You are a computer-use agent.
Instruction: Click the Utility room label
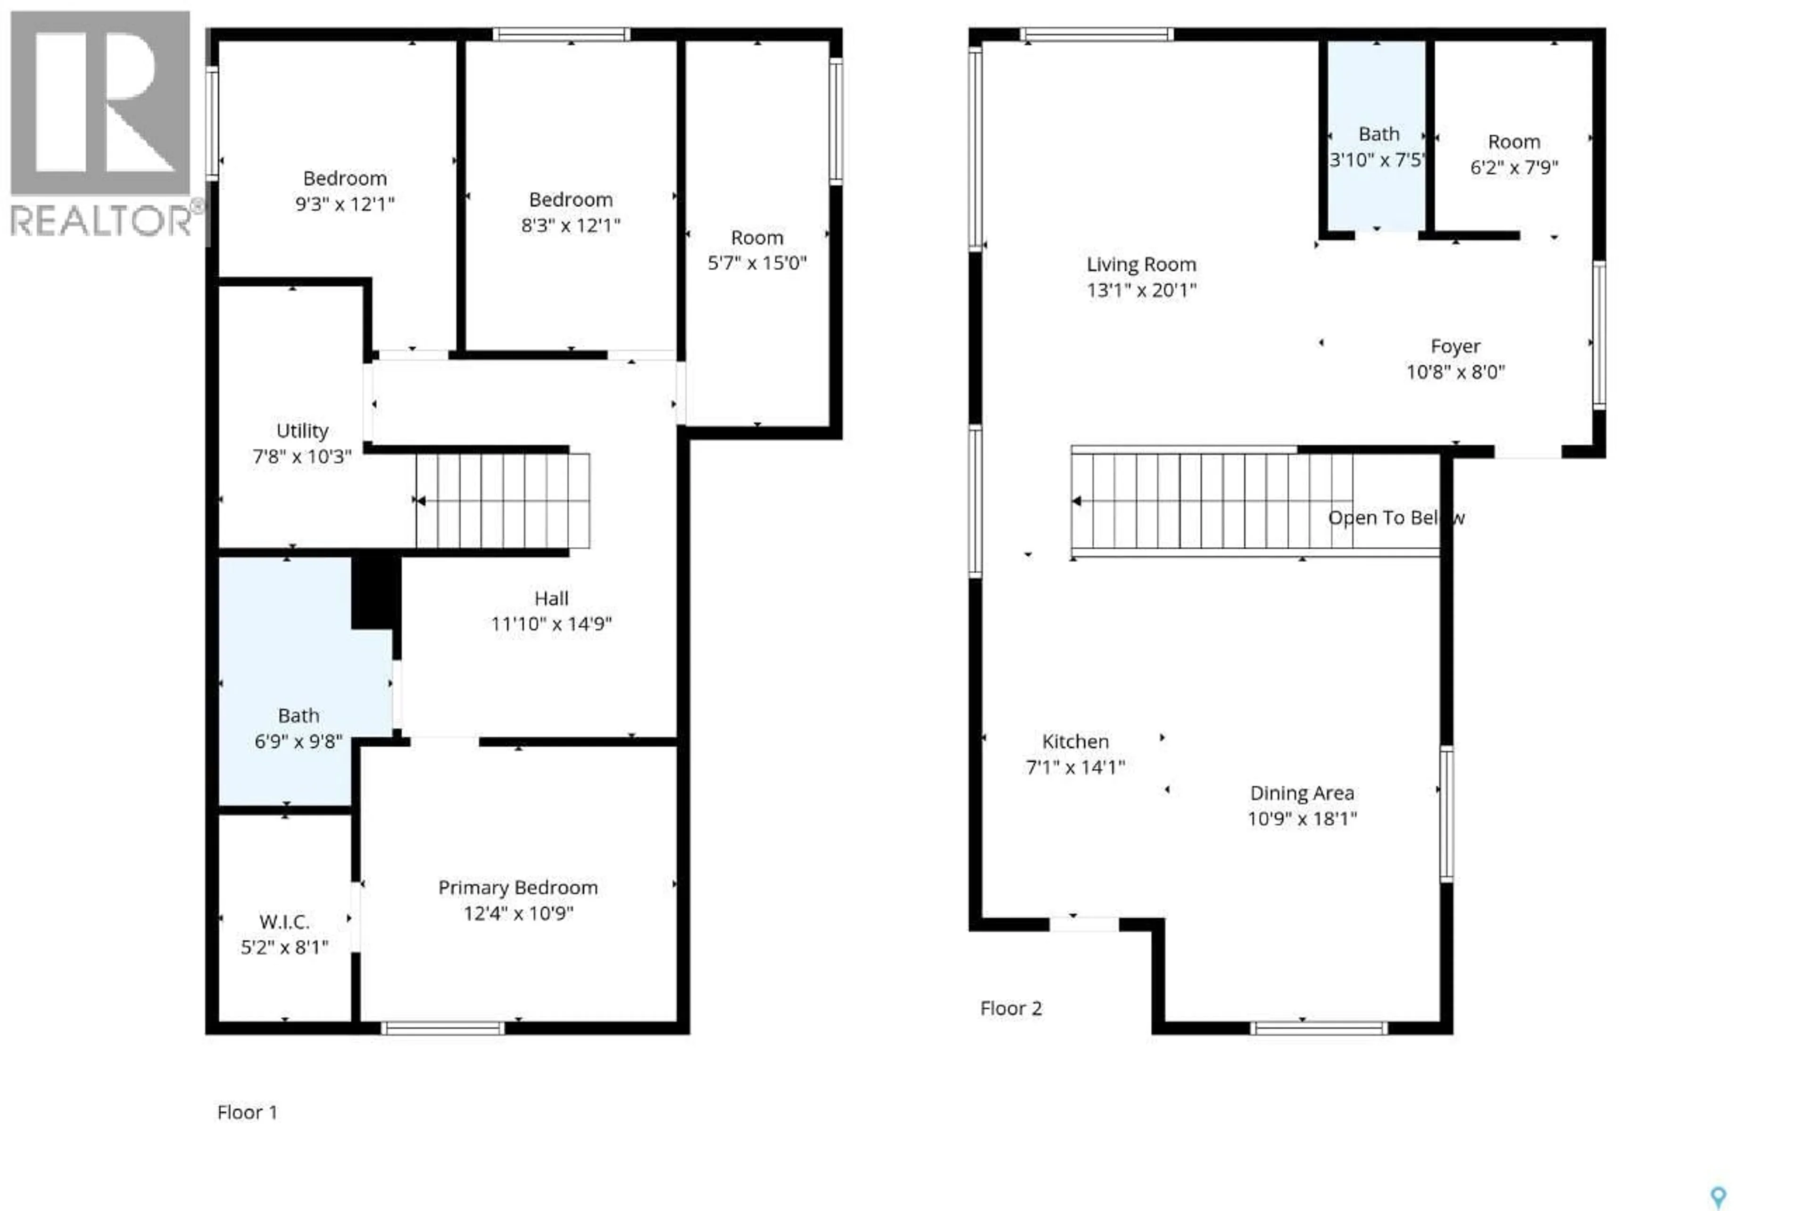click(x=302, y=431)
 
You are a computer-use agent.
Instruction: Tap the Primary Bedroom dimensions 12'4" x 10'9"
click(x=518, y=914)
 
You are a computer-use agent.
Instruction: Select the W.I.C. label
click(x=284, y=922)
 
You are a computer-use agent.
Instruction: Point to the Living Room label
click(x=1141, y=265)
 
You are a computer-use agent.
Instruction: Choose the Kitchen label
click(x=1075, y=742)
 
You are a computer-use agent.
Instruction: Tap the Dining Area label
click(x=1302, y=793)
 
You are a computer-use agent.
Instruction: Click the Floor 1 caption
click(x=247, y=1112)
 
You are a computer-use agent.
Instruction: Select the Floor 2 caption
click(x=1011, y=1009)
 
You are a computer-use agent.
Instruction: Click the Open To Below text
click(x=1396, y=518)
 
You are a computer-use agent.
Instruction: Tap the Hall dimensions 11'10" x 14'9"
click(x=551, y=624)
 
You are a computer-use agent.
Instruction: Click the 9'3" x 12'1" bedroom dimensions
click(x=345, y=205)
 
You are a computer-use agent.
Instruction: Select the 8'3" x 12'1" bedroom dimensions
click(x=570, y=225)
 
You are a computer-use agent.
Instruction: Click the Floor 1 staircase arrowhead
click(x=421, y=501)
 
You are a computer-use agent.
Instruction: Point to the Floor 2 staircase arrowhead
click(x=1076, y=501)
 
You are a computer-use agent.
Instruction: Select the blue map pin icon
click(x=1718, y=1197)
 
